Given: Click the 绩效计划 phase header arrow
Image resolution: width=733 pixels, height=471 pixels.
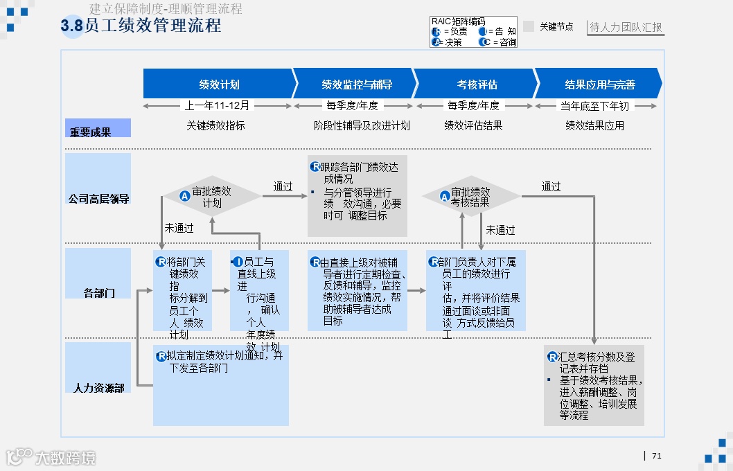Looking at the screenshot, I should tap(219, 84).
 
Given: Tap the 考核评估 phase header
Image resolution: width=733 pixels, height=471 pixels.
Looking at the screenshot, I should tap(477, 84).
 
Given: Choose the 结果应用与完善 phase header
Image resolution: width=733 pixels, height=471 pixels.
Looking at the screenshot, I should tap(599, 84).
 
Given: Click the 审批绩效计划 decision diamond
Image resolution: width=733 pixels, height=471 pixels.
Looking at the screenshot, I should tap(212, 197).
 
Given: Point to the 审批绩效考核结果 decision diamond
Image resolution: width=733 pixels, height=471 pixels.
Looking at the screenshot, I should tap(471, 197).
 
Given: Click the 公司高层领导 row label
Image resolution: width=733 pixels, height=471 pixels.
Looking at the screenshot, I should tap(98, 198).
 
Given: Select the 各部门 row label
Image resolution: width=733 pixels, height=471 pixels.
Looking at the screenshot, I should tap(98, 292).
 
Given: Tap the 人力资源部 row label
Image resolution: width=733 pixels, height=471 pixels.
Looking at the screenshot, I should tap(98, 387).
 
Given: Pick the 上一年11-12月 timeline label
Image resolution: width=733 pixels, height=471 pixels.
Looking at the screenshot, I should tap(217, 106).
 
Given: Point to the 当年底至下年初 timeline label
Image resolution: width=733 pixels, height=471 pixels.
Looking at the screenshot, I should tap(594, 106).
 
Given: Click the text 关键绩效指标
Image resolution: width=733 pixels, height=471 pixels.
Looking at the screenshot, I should tap(215, 125).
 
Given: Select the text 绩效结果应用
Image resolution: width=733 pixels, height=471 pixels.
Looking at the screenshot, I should tap(594, 125).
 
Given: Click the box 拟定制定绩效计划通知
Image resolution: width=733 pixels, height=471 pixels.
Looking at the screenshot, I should tap(221, 385).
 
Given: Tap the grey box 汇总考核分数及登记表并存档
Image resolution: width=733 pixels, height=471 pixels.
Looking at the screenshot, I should tap(594, 385).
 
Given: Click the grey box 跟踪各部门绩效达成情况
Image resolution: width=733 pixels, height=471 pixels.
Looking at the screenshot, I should tap(357, 196).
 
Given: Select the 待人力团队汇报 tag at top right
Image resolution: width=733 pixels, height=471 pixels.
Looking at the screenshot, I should tap(626, 28).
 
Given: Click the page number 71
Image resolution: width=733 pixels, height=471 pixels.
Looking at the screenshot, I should tap(657, 455).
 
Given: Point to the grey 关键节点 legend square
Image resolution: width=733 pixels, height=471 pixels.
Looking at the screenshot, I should tap(529, 26).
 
